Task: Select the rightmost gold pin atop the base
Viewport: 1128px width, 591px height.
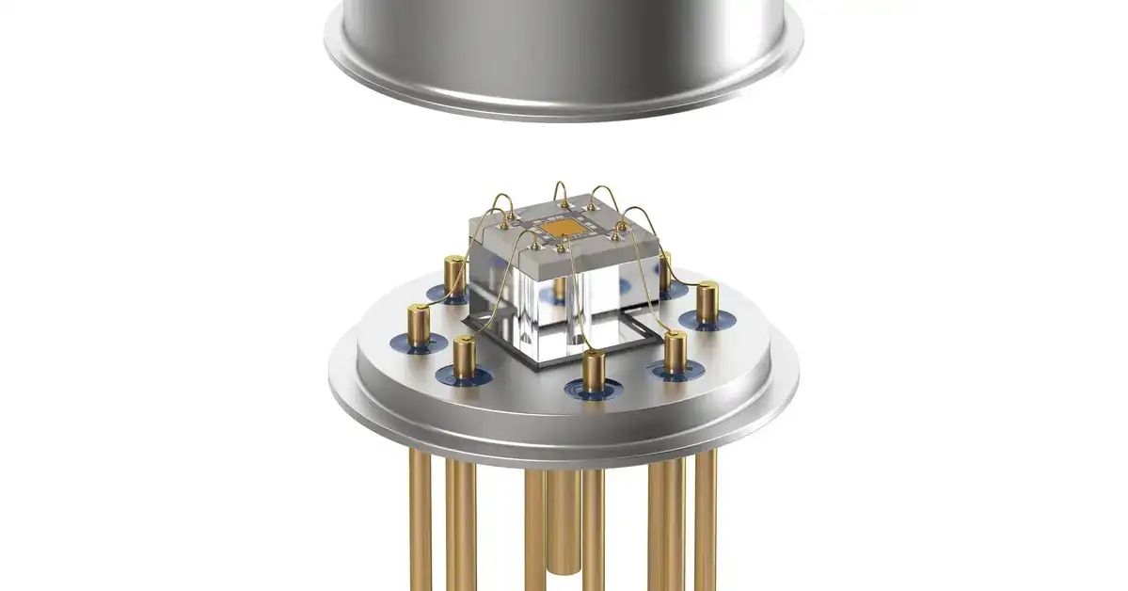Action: tap(707, 300)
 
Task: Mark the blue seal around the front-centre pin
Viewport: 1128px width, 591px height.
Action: tap(593, 389)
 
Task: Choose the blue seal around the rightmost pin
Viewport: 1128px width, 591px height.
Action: tap(707, 321)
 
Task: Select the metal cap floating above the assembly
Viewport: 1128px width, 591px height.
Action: tap(564, 38)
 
